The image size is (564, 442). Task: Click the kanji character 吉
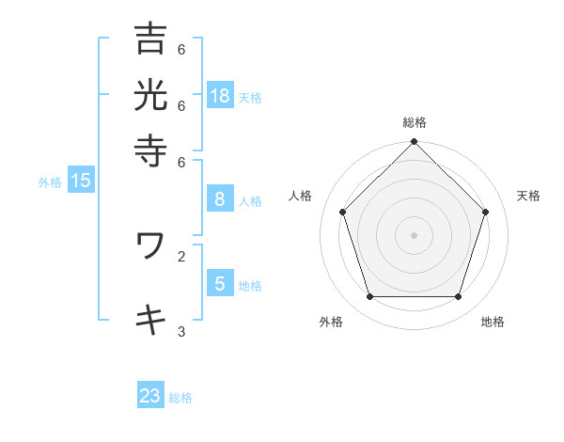click(x=150, y=39)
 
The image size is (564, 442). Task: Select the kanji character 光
click(x=150, y=95)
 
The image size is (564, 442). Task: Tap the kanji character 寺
click(x=150, y=150)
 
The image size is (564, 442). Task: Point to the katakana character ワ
click(x=150, y=245)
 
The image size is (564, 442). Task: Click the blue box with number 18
click(x=220, y=95)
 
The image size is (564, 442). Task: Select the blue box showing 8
click(x=220, y=198)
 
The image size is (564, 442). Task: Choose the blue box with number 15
click(x=80, y=181)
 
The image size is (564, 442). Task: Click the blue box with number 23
click(x=150, y=396)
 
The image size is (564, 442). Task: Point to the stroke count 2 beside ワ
click(x=181, y=255)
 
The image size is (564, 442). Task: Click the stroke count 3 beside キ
click(x=181, y=331)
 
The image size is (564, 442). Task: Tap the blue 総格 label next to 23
click(x=180, y=398)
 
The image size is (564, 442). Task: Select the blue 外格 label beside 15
click(x=50, y=182)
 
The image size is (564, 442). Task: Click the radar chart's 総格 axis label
click(x=415, y=122)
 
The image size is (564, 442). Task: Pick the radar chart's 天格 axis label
click(x=528, y=196)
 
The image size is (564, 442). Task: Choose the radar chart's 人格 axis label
click(x=301, y=196)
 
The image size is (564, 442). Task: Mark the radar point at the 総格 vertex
click(x=415, y=143)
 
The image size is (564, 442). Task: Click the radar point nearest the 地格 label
click(x=459, y=297)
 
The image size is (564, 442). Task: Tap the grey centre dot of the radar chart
click(x=415, y=234)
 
